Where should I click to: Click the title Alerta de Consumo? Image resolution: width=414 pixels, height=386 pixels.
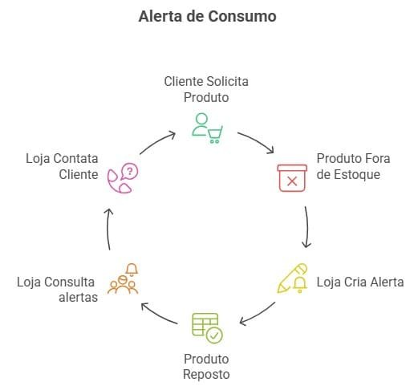coord(207,16)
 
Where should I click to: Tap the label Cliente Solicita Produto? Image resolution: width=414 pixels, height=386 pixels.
coord(206,89)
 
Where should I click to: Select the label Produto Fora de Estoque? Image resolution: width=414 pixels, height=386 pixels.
coord(353,166)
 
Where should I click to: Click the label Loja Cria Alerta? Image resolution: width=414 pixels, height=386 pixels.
coord(360,282)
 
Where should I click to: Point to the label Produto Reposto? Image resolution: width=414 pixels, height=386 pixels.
coord(206,367)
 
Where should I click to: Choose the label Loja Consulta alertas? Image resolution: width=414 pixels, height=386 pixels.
coord(57,290)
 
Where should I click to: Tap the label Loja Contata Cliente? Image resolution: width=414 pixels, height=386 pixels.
coord(62,166)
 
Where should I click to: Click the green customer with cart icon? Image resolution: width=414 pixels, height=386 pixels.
coord(207,128)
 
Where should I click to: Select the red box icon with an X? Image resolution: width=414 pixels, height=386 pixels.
coord(292,178)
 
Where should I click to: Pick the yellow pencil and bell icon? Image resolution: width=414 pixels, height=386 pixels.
coord(292,278)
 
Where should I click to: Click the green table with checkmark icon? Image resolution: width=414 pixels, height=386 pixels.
coord(207,328)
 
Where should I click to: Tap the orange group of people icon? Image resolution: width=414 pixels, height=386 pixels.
coord(123,278)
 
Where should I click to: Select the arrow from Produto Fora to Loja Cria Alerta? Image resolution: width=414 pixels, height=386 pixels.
coord(307,227)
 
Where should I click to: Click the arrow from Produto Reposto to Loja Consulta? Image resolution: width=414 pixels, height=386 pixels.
coord(158,315)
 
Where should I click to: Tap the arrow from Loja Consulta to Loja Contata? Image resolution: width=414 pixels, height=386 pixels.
coord(108,230)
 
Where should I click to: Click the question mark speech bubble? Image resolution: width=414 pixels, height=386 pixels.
coord(130,171)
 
